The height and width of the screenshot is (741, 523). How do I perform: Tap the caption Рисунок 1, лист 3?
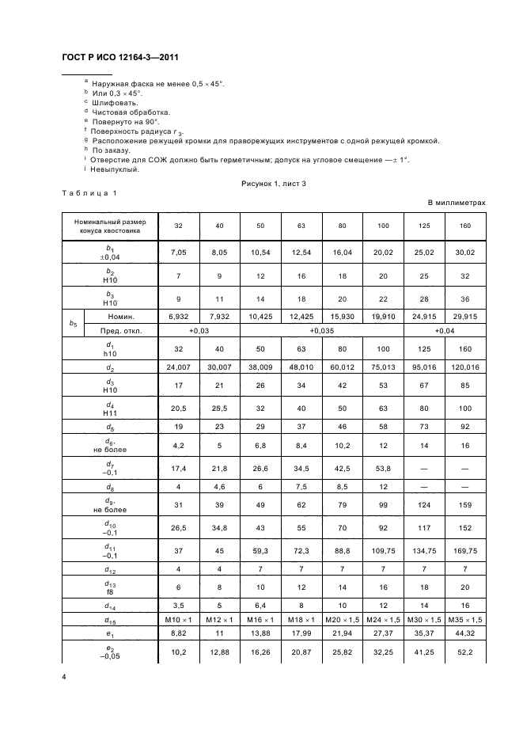[x=274, y=183]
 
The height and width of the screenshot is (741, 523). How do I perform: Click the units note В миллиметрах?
[x=457, y=203]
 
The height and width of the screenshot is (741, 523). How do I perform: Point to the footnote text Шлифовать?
[x=116, y=103]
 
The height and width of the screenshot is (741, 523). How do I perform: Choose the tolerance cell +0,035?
[x=322, y=330]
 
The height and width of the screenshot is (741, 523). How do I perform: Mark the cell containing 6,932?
[x=178, y=316]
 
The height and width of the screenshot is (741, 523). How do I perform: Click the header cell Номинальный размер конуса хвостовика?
[x=109, y=226]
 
